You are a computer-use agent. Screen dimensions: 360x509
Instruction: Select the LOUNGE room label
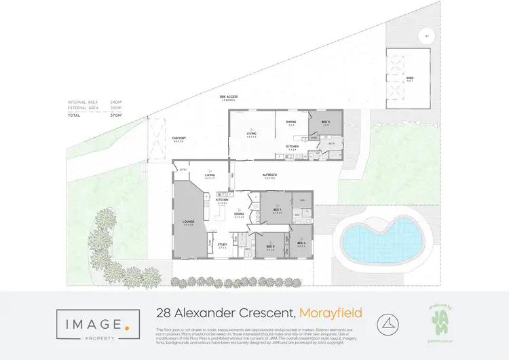point(188,221)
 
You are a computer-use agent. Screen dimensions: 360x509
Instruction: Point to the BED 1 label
point(277,210)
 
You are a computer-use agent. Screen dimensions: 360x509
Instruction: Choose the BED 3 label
point(301,242)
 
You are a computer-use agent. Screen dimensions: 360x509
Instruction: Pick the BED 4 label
point(325,123)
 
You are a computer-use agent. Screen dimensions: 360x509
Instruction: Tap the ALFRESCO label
point(269,175)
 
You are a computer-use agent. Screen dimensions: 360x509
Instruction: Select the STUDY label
point(222,245)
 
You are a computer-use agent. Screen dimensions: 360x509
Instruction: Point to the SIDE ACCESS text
point(228,97)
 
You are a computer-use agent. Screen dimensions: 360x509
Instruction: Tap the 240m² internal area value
point(116,103)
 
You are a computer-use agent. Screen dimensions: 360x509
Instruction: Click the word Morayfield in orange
point(331,313)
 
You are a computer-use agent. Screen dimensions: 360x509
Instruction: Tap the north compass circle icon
point(388,324)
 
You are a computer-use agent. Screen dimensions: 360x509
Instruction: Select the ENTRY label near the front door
point(183,169)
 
